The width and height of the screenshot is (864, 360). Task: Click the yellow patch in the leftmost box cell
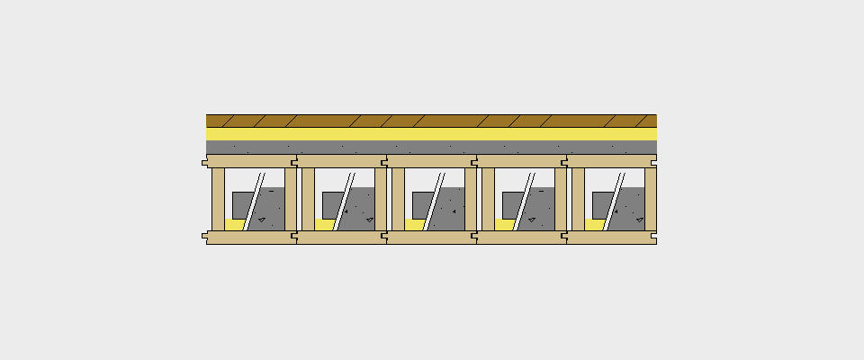tap(234, 225)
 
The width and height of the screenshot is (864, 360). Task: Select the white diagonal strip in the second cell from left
tap(344, 202)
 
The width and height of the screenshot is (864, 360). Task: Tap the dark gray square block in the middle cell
tap(420, 203)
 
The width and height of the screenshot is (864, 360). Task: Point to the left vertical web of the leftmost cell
tap(218, 199)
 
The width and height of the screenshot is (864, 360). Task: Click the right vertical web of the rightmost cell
tap(650, 199)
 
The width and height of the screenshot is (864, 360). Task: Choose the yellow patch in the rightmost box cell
tap(594, 225)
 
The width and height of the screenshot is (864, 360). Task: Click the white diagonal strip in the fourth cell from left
tap(524, 202)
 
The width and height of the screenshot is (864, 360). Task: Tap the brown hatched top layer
tap(431, 121)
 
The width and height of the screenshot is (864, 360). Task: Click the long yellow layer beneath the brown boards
tap(431, 133)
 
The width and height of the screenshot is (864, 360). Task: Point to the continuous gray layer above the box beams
tap(431, 147)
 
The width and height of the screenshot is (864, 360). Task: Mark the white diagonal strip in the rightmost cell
tap(614, 202)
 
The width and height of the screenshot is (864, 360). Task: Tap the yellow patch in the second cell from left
tap(324, 225)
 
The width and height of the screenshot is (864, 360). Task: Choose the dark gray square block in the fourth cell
tap(510, 203)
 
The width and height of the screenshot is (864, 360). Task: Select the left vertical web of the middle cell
tap(398, 199)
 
